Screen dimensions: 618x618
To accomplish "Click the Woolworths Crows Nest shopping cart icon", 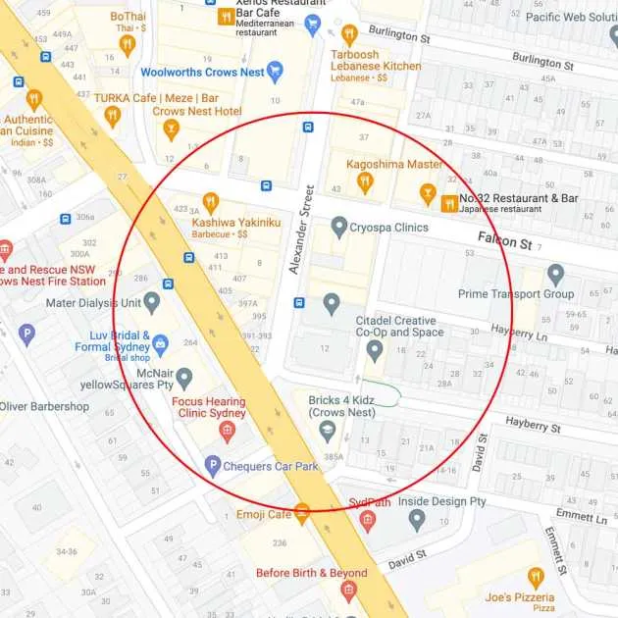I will pyautogui.click(x=275, y=72).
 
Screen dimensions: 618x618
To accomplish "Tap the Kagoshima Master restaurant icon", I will pyautogui.click(x=365, y=181).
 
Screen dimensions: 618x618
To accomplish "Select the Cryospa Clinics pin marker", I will pyautogui.click(x=339, y=228).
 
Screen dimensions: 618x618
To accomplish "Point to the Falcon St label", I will pyautogui.click(x=504, y=239).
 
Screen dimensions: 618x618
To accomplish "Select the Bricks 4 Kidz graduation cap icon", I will pyautogui.click(x=328, y=430).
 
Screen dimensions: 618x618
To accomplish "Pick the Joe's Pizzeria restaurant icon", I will pyautogui.click(x=535, y=578).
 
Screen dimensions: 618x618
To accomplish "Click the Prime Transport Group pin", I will pyautogui.click(x=556, y=275).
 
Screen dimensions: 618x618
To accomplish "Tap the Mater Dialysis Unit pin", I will pyautogui.click(x=151, y=302).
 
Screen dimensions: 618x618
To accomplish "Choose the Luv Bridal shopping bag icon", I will pyautogui.click(x=161, y=342).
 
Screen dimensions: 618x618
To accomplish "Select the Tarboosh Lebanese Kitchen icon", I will pyautogui.click(x=349, y=34).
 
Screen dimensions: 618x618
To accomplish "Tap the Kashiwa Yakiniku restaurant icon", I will pyautogui.click(x=210, y=204).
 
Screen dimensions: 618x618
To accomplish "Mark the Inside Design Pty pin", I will pyautogui.click(x=417, y=519).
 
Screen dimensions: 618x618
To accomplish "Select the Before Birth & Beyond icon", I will pyautogui.click(x=347, y=591).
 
